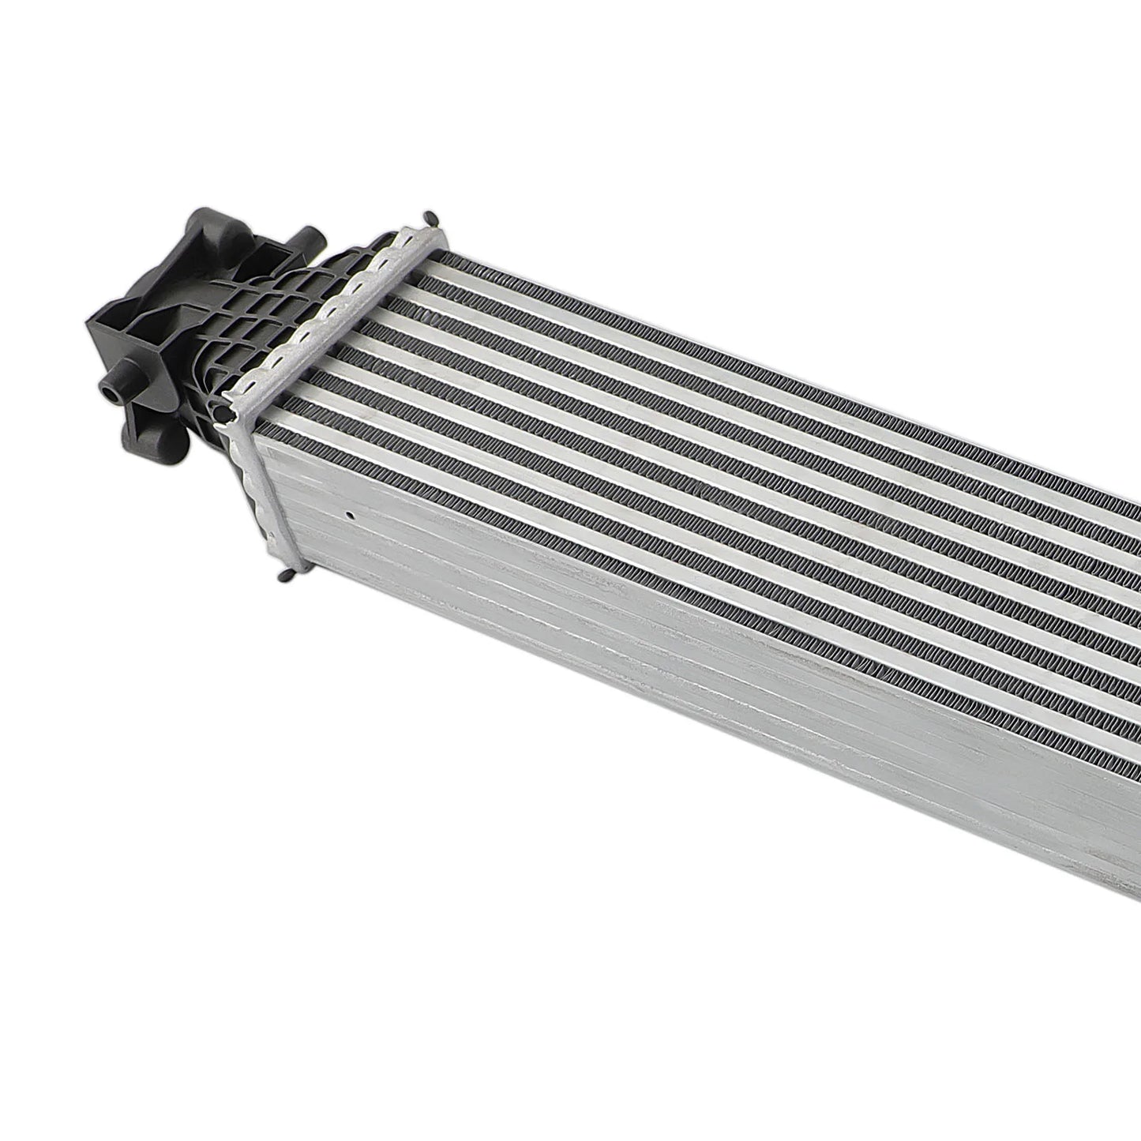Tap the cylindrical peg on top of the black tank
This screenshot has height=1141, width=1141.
coord(306,238)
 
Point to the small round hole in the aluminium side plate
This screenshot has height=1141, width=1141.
coord(347,518)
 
